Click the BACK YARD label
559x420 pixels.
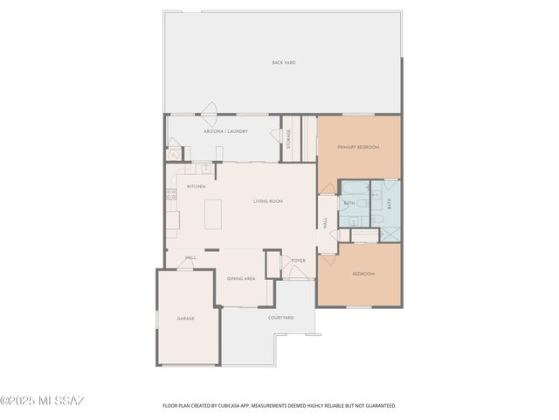point(282,63)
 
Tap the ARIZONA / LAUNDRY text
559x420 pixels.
point(225,131)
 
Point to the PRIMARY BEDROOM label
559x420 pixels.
point(358,147)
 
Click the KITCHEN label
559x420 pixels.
point(197,186)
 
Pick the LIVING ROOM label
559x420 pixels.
point(268,201)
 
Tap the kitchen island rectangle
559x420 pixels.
point(213,213)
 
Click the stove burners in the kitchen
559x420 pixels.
point(171,195)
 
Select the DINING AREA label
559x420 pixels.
point(241,278)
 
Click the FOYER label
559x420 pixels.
point(298,261)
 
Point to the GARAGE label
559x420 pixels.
point(186,318)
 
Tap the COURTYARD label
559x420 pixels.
point(280,317)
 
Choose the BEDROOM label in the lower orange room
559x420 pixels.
point(363,274)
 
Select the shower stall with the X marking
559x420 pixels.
point(391,234)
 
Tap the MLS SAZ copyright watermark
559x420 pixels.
point(42,402)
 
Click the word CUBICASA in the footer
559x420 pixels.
point(231,406)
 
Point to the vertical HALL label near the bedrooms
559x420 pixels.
point(325,224)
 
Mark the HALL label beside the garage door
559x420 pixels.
point(190,258)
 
